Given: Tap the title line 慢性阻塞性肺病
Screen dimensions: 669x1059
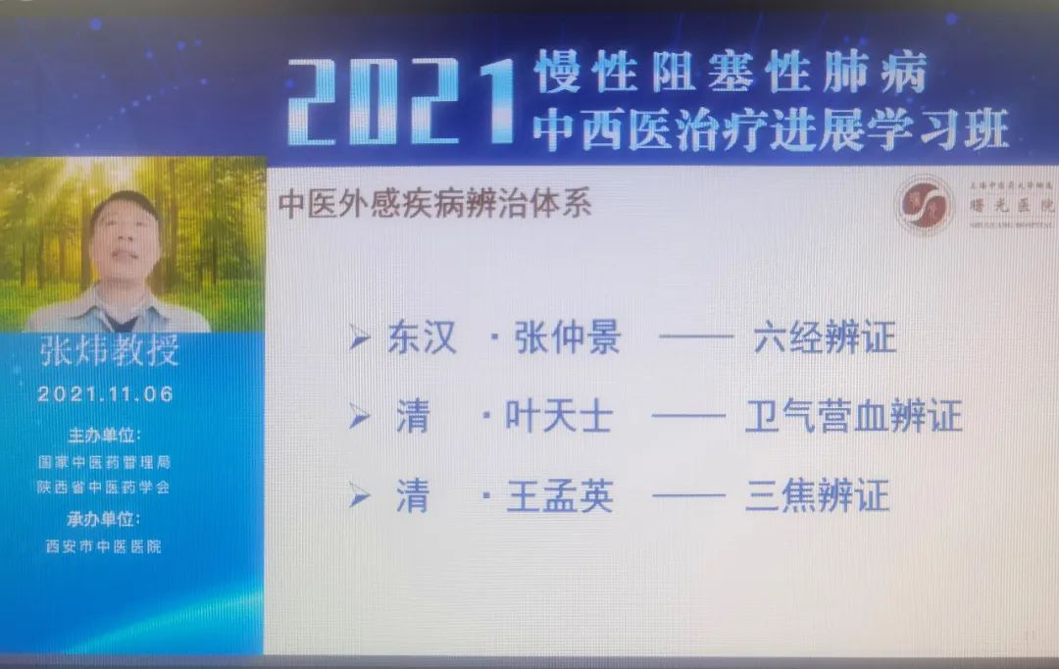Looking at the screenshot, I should (x=730, y=73).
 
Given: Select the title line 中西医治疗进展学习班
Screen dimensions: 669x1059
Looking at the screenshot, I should (x=770, y=129).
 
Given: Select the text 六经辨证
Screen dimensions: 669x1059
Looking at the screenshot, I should (x=825, y=339).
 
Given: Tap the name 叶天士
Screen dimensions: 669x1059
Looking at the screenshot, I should (x=559, y=418).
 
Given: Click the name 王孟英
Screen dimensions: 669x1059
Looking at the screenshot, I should (x=559, y=496).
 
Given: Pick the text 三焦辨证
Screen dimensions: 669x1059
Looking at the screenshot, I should (x=817, y=496).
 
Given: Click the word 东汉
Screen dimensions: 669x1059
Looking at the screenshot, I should (x=422, y=339).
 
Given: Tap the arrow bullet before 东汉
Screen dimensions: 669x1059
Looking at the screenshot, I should (x=361, y=340).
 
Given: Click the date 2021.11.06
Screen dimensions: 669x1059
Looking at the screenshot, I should (x=106, y=394).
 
